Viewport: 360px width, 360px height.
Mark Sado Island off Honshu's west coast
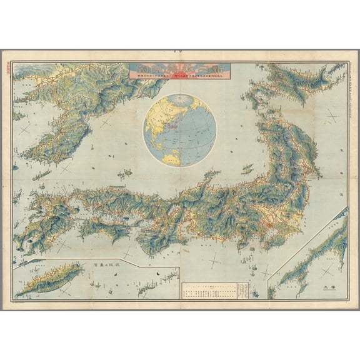[x=247, y=169]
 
